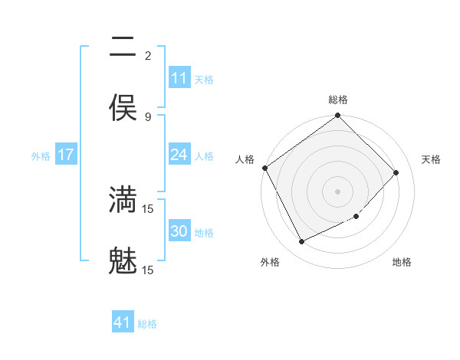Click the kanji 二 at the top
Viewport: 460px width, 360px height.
[123, 47]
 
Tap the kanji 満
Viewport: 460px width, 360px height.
[123, 199]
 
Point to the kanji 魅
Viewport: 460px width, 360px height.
[123, 260]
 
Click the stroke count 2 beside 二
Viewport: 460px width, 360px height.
[148, 56]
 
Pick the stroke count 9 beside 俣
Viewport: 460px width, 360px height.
[148, 116]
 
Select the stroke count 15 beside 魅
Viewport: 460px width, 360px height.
[148, 270]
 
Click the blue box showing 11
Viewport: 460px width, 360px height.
[179, 78]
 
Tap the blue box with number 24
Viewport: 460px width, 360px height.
[179, 155]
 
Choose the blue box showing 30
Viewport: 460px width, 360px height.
[179, 231]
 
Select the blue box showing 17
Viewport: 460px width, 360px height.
[66, 155]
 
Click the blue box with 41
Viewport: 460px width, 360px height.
[123, 323]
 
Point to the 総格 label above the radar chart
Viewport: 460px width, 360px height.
[338, 100]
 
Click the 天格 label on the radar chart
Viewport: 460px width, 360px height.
[431, 159]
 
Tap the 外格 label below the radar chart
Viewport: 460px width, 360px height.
[270, 262]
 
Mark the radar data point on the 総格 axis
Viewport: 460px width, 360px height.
[338, 116]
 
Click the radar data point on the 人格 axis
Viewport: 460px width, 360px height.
[264, 168]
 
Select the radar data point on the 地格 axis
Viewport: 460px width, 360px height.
[356, 217]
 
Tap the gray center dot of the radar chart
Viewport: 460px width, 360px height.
[338, 191]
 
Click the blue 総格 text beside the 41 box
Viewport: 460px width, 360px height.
[147, 324]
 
